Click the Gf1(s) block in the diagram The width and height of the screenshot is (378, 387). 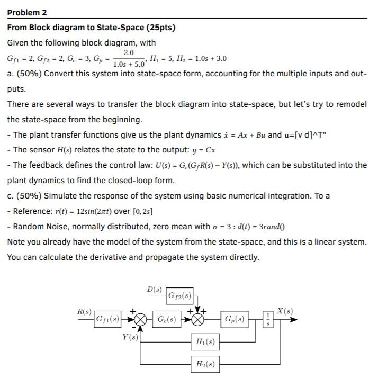(x=107, y=320)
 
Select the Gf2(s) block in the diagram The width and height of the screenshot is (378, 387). (x=179, y=295)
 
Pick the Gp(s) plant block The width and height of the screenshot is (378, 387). (x=234, y=320)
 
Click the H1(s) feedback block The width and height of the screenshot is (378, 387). (x=205, y=343)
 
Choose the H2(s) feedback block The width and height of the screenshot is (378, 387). (x=205, y=364)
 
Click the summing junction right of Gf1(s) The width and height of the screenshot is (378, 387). (x=140, y=320)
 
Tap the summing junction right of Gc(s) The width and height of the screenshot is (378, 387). (x=197, y=320)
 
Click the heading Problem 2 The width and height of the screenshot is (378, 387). (x=27, y=12)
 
